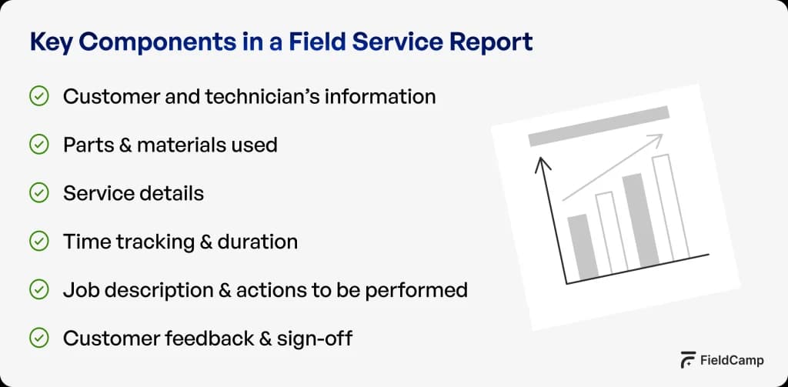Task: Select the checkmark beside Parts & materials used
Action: tap(38, 145)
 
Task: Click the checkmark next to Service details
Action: tap(38, 193)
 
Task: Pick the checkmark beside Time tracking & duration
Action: tap(38, 242)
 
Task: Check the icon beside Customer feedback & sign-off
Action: tap(38, 338)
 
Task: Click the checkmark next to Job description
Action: tap(38, 290)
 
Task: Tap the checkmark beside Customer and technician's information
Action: tap(38, 96)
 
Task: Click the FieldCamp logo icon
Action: tap(689, 360)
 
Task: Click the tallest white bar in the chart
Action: tap(669, 208)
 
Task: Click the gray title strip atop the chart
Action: tap(598, 126)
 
